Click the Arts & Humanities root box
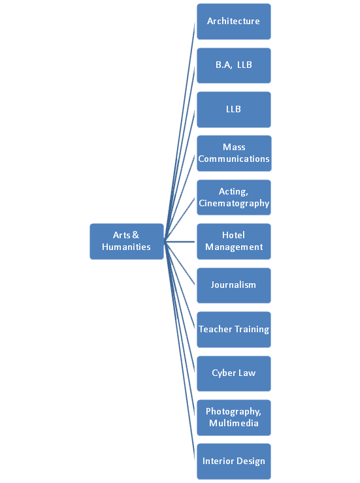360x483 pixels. point(127,241)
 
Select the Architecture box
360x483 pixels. point(234,22)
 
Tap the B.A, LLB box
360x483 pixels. point(234,66)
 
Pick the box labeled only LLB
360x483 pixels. point(234,110)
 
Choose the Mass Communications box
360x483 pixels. point(235,153)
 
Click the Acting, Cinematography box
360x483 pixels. point(234,198)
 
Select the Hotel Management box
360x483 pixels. point(234,241)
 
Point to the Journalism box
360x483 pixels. point(234,285)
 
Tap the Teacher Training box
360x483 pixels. point(234,330)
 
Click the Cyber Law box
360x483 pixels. point(234,373)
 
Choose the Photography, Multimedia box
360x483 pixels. point(234,418)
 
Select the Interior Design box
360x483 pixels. point(234,461)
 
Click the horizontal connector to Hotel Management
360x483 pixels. point(180,241)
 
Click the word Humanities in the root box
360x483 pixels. point(126,247)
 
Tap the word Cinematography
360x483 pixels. point(234,203)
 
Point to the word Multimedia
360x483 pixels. point(234,423)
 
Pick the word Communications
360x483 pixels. point(234,159)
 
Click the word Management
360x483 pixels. point(234,247)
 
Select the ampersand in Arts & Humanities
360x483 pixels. point(135,235)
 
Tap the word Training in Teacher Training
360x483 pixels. point(252,330)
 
